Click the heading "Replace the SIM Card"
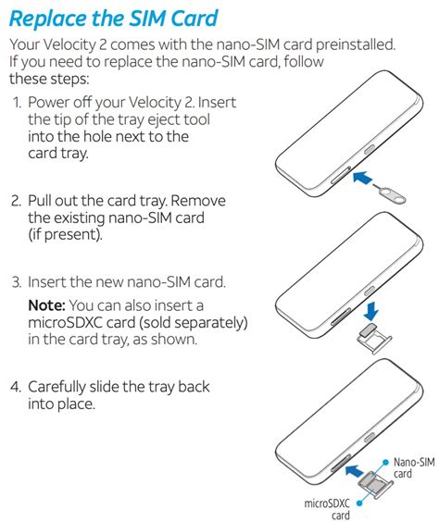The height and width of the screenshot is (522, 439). coord(126,18)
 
